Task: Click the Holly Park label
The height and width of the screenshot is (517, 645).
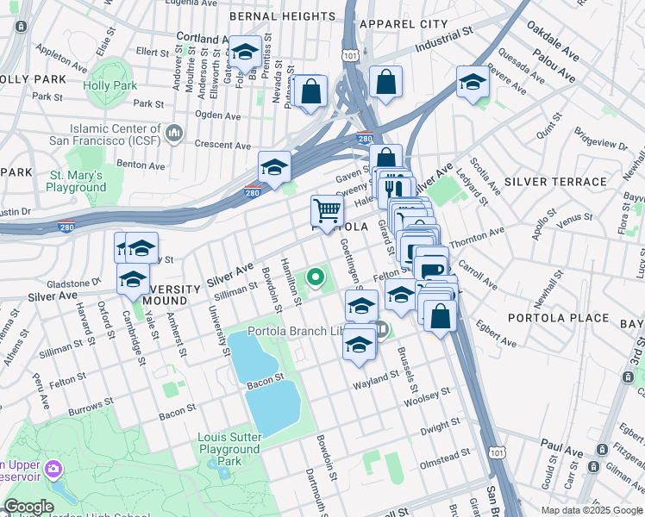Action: (110, 86)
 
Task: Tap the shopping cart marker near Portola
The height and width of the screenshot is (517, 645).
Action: (327, 210)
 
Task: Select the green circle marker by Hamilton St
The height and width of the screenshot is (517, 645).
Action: (316, 277)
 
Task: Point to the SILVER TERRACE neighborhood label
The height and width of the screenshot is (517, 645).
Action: (555, 182)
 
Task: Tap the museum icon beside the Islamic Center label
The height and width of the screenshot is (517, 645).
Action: (174, 132)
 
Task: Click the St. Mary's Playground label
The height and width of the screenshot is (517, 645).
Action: (76, 181)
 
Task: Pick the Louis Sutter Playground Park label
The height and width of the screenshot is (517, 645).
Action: (229, 449)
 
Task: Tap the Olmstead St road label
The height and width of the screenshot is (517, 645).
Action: (444, 451)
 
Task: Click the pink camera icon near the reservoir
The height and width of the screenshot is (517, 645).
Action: (53, 468)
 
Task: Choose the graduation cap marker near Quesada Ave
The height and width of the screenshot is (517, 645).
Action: (473, 83)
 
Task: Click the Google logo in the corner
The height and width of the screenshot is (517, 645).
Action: (28, 507)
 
